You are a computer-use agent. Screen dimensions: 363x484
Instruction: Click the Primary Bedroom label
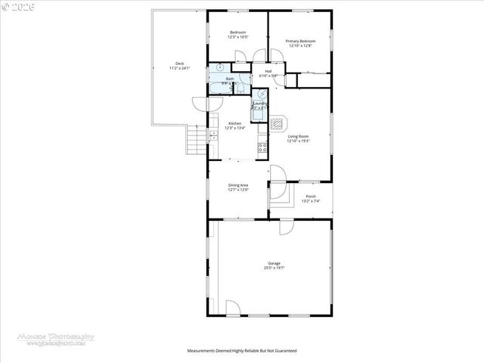click(299, 40)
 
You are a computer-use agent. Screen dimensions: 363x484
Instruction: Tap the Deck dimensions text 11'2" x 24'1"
click(179, 68)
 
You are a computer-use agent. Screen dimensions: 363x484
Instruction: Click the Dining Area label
click(238, 185)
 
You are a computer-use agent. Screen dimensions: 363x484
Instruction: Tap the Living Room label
click(298, 137)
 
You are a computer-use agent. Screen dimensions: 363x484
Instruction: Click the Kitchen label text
click(235, 123)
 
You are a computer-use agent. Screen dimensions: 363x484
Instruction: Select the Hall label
click(268, 71)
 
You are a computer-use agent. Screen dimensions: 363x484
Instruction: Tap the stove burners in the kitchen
click(262, 147)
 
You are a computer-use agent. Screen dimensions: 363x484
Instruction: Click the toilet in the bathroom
click(237, 87)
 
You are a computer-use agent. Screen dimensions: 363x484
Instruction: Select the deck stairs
click(197, 138)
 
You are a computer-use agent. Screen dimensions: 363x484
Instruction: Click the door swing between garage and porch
click(287, 226)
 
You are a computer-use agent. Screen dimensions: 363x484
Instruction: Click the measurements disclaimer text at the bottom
click(242, 351)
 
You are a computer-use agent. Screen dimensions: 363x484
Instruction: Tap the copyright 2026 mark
click(17, 6)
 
